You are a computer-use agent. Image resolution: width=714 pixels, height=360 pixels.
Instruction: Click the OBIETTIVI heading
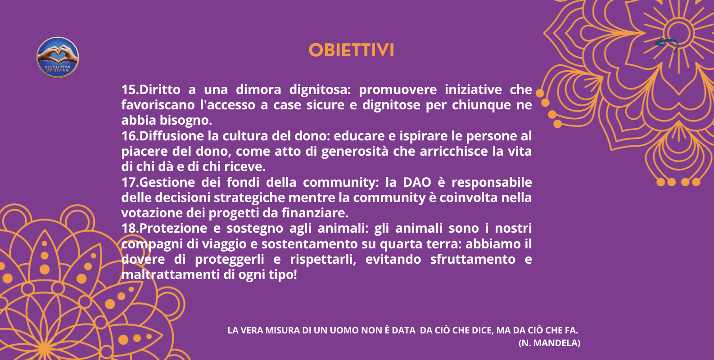pos(351,50)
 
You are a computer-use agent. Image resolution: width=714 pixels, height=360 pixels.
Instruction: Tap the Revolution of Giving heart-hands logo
pos(58,58)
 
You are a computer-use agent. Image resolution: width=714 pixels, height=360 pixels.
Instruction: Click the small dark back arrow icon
pos(667,44)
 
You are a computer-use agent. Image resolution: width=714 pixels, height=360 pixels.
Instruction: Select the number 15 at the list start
pos(129,90)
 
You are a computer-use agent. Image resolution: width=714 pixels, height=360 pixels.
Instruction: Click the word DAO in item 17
pos(417,182)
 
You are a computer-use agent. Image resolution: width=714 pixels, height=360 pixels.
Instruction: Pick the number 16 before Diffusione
pos(129,136)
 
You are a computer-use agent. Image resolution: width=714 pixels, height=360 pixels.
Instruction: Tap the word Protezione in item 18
pos(173,229)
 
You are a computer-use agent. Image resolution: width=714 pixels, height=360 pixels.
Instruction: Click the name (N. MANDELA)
pos(549,343)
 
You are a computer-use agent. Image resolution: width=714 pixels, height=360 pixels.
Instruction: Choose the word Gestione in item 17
pos(167,182)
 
